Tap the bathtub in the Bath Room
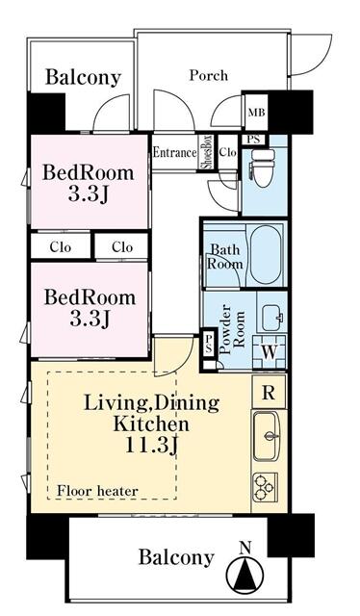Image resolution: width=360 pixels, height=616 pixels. (x=267, y=254)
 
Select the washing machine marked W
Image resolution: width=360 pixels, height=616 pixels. (x=270, y=352)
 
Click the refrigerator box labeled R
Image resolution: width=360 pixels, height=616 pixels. (x=269, y=393)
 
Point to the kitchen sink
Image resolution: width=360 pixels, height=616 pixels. (x=267, y=436)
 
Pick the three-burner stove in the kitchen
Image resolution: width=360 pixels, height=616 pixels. (x=265, y=487)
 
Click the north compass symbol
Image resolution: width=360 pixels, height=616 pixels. (x=245, y=574)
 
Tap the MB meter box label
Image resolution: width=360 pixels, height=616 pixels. (x=256, y=113)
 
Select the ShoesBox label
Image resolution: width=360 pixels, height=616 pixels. (x=207, y=152)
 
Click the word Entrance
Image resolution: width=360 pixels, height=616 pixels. (x=174, y=152)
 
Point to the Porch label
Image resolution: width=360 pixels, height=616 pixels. (x=208, y=75)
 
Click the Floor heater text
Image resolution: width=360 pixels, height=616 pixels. (x=97, y=491)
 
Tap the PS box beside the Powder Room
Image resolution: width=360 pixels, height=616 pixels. (x=209, y=343)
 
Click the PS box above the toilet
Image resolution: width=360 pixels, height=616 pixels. (x=253, y=140)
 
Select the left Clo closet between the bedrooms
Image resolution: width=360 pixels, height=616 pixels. (x=61, y=247)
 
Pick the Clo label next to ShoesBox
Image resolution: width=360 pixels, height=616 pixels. (x=227, y=152)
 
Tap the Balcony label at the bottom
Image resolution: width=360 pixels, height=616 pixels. (x=176, y=557)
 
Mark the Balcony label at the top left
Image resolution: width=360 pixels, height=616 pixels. (x=83, y=77)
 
